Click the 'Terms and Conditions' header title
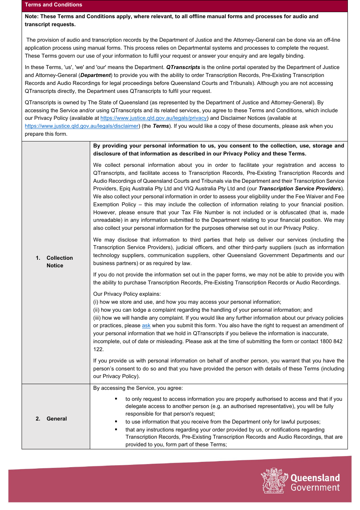point(53,5)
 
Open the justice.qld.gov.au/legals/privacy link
point(153,118)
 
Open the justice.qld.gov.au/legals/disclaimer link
point(81,126)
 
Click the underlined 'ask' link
point(146,326)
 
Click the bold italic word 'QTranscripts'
point(183,67)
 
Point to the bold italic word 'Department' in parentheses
point(95,75)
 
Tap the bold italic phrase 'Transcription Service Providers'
point(299,189)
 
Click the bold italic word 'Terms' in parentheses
point(161,126)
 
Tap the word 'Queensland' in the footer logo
point(315,478)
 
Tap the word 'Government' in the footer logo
point(315,488)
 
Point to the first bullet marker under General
point(116,399)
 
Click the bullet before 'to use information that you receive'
point(116,422)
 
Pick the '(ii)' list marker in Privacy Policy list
point(96,310)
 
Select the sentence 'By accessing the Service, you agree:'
point(138,388)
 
